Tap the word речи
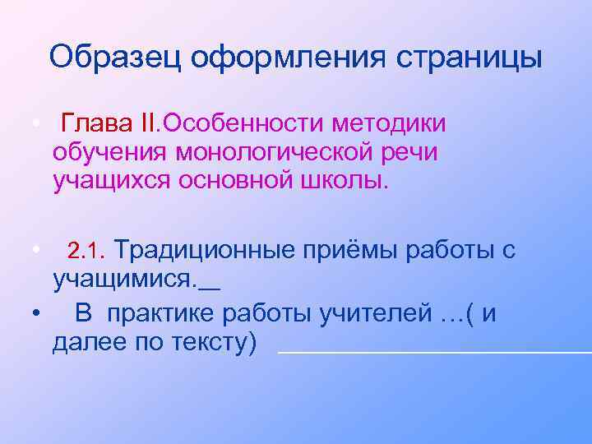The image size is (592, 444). tap(412, 151)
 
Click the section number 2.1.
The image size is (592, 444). tap(83, 250)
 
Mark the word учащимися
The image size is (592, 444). tap(123, 280)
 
